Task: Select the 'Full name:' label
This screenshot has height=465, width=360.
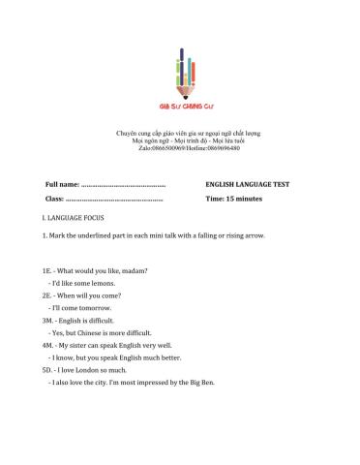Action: (x=61, y=183)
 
